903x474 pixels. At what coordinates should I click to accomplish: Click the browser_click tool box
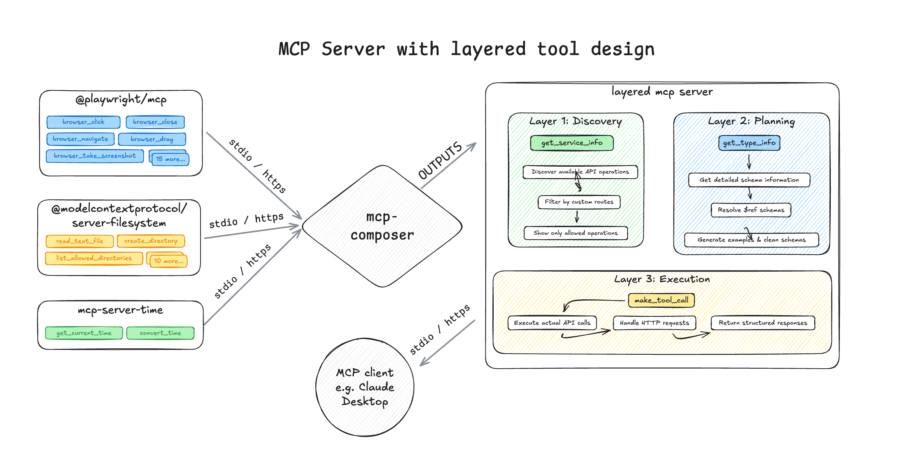(x=83, y=122)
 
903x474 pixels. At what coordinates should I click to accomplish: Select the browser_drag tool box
(x=152, y=139)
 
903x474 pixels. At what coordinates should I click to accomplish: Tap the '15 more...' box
(x=170, y=159)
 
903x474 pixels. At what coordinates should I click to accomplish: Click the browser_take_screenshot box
(x=94, y=156)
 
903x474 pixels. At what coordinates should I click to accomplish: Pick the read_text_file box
(x=79, y=241)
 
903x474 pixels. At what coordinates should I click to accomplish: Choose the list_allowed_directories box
(x=94, y=258)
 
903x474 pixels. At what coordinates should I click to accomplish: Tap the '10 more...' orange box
(x=169, y=261)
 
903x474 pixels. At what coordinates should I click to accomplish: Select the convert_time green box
(x=160, y=333)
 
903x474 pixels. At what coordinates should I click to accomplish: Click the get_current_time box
(x=84, y=333)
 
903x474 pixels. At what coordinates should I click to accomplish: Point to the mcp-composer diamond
(x=382, y=226)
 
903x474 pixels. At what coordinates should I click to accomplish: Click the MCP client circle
(x=365, y=387)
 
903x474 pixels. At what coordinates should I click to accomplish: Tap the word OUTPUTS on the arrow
(x=440, y=161)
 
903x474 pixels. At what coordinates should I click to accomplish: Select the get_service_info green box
(x=572, y=143)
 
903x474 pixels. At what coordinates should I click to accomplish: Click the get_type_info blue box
(x=749, y=143)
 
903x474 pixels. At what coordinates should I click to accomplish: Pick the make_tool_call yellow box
(x=661, y=300)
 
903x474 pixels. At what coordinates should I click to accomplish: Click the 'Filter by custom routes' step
(x=579, y=202)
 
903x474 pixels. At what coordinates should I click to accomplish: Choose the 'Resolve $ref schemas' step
(x=751, y=210)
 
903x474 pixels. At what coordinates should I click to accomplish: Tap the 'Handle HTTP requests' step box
(x=654, y=323)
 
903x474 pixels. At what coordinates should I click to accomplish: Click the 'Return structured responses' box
(x=763, y=323)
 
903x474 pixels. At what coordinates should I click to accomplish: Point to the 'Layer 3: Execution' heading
(x=662, y=279)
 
